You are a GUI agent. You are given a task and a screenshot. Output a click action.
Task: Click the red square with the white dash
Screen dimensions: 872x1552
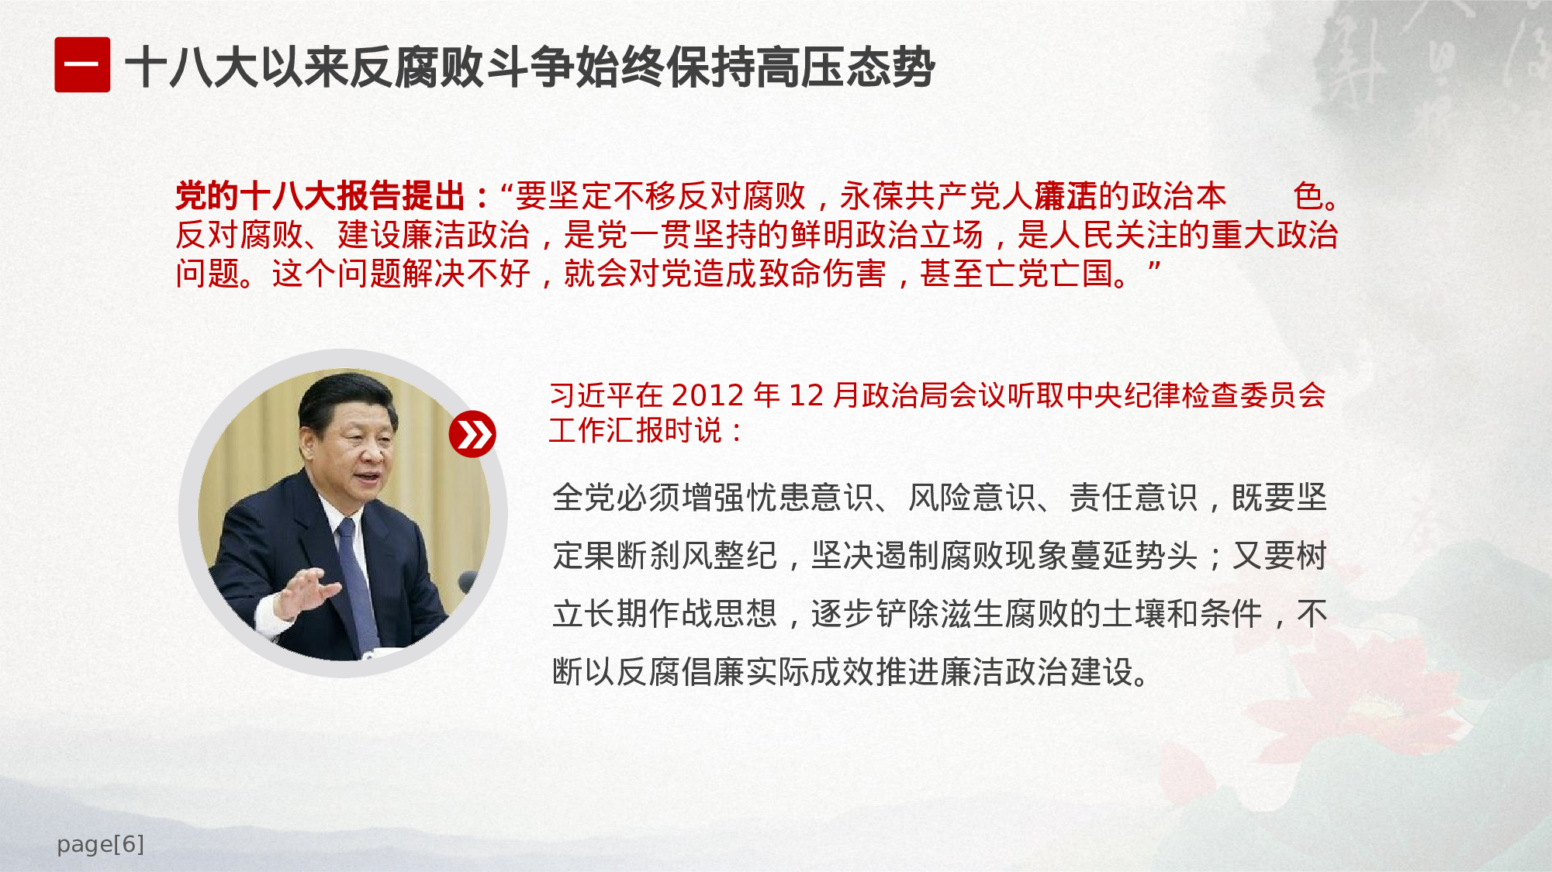82,65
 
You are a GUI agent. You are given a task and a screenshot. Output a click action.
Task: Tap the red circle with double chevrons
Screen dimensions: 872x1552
472,434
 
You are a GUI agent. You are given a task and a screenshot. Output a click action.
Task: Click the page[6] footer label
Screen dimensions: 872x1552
100,844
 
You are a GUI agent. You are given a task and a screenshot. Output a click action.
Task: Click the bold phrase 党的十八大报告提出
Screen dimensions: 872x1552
320,196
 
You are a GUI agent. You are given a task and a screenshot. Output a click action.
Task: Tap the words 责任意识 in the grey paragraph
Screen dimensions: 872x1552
1134,498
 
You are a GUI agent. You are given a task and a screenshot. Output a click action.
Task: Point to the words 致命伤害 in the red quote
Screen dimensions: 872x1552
821,274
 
